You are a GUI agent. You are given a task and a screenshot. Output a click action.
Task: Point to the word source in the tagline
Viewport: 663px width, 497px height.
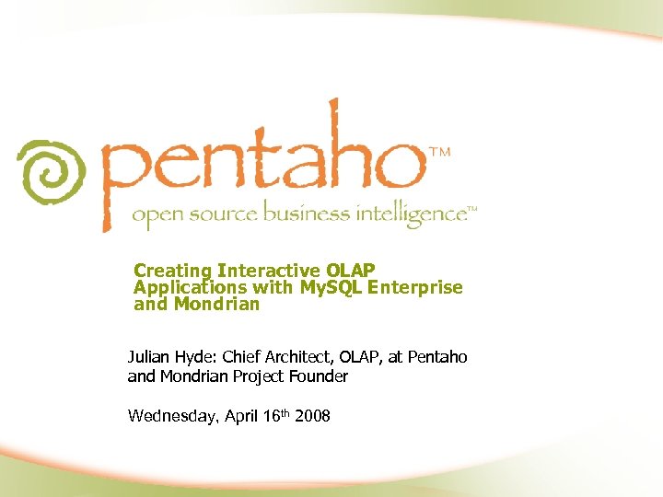click(227, 215)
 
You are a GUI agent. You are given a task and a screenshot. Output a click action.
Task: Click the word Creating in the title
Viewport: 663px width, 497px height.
click(173, 271)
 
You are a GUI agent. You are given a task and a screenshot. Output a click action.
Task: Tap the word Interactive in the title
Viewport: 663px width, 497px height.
click(268, 271)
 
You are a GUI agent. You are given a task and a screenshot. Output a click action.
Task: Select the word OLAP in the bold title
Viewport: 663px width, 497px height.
click(350, 271)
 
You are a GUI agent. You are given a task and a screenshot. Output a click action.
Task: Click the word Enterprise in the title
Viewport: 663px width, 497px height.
click(414, 287)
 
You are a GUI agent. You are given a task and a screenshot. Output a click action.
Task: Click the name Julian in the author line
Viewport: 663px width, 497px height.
click(149, 357)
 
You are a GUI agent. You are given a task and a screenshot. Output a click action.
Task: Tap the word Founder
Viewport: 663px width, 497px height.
click(320, 376)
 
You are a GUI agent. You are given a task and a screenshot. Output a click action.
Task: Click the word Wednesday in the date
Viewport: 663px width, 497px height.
click(172, 416)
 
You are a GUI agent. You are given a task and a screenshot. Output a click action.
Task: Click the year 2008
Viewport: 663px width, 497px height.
click(313, 416)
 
